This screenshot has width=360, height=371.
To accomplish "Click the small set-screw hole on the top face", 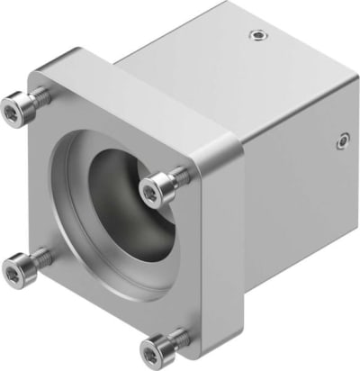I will pyautogui.click(x=258, y=36).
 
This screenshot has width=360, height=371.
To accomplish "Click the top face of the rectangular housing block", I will pyautogui.click(x=225, y=54).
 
